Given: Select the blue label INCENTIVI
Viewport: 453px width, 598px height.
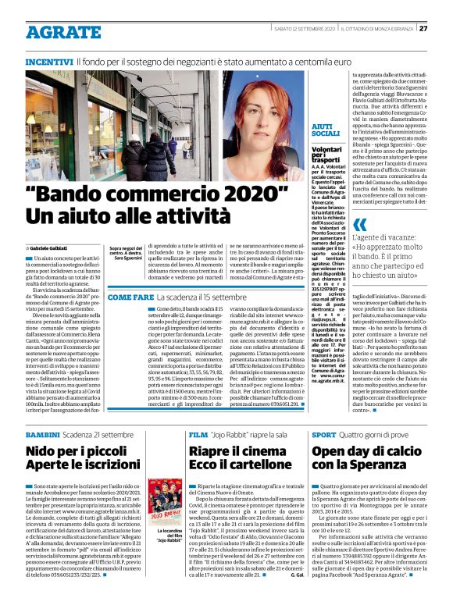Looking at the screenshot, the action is pyautogui.click(x=49, y=60).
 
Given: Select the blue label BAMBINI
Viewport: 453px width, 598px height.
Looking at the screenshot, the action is pyautogui.click(x=43, y=433).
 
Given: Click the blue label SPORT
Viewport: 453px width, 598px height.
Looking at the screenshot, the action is pyautogui.click(x=324, y=433).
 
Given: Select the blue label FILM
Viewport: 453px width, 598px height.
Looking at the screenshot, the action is pyautogui.click(x=198, y=433).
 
